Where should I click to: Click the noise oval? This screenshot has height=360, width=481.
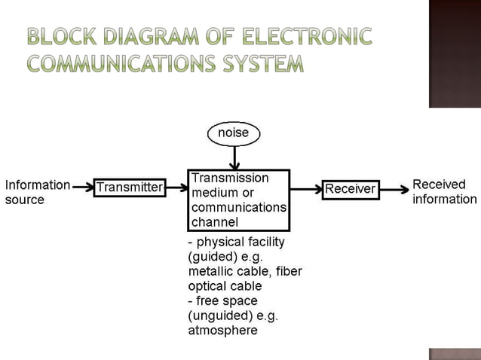pyautogui.click(x=234, y=133)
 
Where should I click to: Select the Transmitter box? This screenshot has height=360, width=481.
pyautogui.click(x=130, y=188)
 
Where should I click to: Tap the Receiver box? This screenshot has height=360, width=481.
pyautogui.click(x=350, y=189)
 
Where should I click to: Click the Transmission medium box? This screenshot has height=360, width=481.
pyautogui.click(x=238, y=200)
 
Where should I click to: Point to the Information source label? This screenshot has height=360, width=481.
pyautogui.click(x=37, y=192)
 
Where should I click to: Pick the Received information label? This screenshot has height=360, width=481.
pyautogui.click(x=444, y=192)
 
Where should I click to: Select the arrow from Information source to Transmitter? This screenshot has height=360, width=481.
pyautogui.click(x=82, y=188)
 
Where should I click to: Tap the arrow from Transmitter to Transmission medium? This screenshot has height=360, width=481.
pyautogui.click(x=176, y=188)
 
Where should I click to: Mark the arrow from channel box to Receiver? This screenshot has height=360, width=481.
pyautogui.click(x=305, y=189)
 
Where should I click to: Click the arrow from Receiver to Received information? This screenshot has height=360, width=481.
pyautogui.click(x=394, y=189)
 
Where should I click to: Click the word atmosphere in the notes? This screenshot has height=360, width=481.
pyautogui.click(x=222, y=330)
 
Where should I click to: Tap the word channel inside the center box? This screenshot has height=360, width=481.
pyautogui.click(x=215, y=221)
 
